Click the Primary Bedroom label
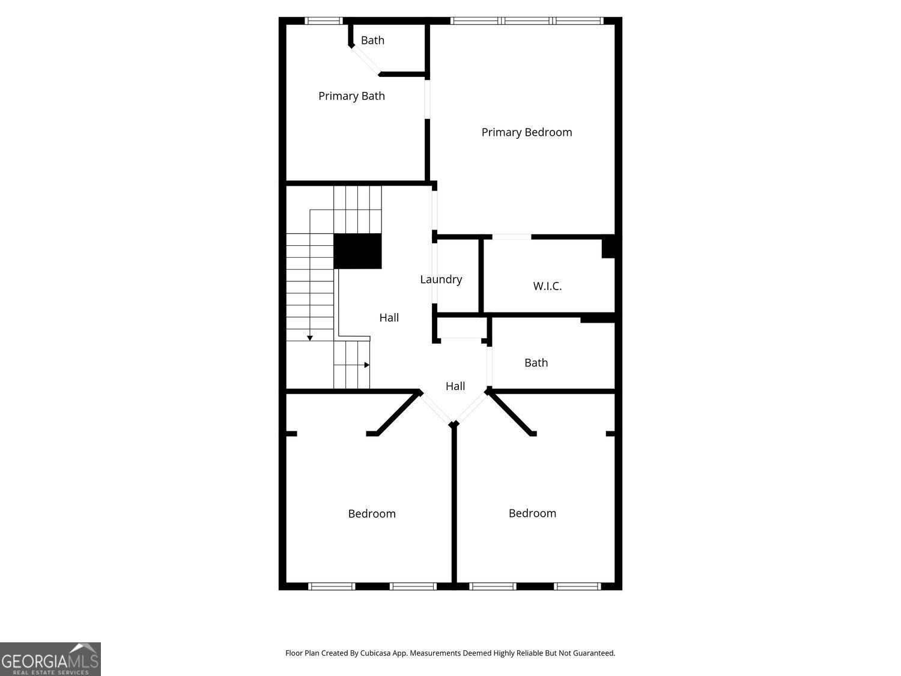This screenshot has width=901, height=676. click(x=526, y=132)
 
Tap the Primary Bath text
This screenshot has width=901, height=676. click(x=351, y=96)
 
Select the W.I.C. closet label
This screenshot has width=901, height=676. click(x=547, y=286)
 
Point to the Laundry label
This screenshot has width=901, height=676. click(x=441, y=279)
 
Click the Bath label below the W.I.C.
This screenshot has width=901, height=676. click(x=536, y=363)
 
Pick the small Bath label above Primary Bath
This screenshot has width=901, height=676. click(x=372, y=40)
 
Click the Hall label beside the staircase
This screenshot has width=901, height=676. click(x=389, y=318)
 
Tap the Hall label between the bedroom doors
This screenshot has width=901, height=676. click(x=455, y=386)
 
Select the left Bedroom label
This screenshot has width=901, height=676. click(x=372, y=514)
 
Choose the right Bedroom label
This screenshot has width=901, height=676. click(x=532, y=513)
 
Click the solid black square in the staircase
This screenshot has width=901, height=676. click(x=357, y=251)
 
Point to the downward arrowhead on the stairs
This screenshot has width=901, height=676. click(x=310, y=338)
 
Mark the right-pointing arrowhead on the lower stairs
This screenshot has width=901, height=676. click(x=366, y=365)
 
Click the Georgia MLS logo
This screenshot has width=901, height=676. click(x=50, y=659)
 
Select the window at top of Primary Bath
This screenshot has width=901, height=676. click(x=323, y=21)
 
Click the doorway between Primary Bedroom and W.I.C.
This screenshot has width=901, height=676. click(x=511, y=237)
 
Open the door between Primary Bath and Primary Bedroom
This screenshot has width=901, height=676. click(x=428, y=99)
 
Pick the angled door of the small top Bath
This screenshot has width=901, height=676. click(x=365, y=60)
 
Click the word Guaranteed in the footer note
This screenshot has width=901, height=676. click(x=593, y=653)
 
